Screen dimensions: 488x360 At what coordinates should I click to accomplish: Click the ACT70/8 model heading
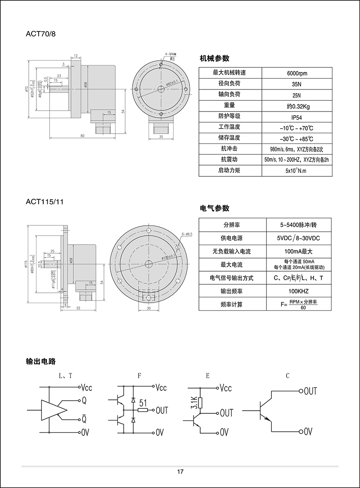point(41,34)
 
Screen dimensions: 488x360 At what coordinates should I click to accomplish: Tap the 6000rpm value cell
point(297,73)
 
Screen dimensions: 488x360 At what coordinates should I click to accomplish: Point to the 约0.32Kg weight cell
point(297,106)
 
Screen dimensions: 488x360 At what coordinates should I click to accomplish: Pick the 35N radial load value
point(297,84)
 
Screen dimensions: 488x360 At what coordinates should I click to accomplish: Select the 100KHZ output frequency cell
point(297,291)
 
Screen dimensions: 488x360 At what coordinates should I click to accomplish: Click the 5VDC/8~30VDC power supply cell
point(297,237)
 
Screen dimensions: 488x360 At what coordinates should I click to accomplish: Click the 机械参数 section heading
point(215,58)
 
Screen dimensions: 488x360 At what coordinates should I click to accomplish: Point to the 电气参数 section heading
point(215,208)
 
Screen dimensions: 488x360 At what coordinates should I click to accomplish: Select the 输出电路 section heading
point(41,361)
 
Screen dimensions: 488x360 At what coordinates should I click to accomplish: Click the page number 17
point(180,472)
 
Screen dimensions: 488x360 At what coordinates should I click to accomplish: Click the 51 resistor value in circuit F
point(144,403)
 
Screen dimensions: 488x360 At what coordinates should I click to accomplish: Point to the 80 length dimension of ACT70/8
point(83,135)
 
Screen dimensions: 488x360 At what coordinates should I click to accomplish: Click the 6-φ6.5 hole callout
point(187,234)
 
